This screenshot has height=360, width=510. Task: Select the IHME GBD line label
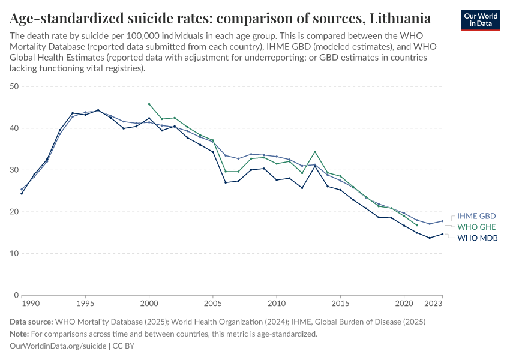(476, 216)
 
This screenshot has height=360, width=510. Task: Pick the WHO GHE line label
(477, 227)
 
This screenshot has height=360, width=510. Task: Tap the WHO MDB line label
(478, 238)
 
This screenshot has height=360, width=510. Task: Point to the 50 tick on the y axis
(15, 86)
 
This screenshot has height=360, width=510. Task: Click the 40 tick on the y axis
(15, 128)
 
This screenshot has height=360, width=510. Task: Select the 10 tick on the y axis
(15, 253)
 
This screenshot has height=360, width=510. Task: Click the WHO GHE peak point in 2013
(315, 152)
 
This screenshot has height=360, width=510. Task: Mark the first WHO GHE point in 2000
(149, 104)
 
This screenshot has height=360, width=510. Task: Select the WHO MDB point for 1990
(22, 193)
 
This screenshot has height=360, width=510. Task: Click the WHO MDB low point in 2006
(226, 182)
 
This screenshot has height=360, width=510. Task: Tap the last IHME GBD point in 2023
(442, 221)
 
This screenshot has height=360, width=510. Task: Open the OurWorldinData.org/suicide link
(58, 346)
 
